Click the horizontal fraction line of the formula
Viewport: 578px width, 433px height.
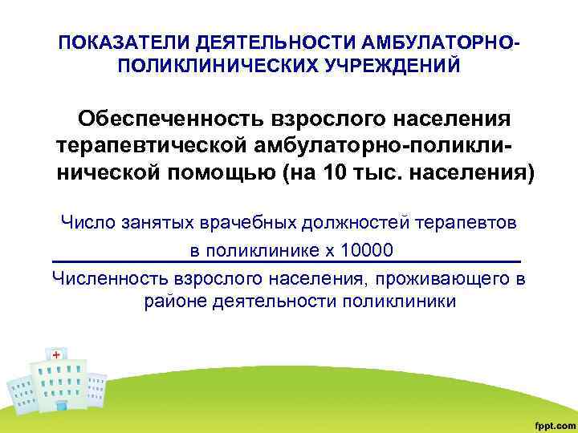click(x=286, y=262)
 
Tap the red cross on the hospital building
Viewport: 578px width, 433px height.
click(x=56, y=354)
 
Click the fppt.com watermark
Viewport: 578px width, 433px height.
click(x=552, y=422)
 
